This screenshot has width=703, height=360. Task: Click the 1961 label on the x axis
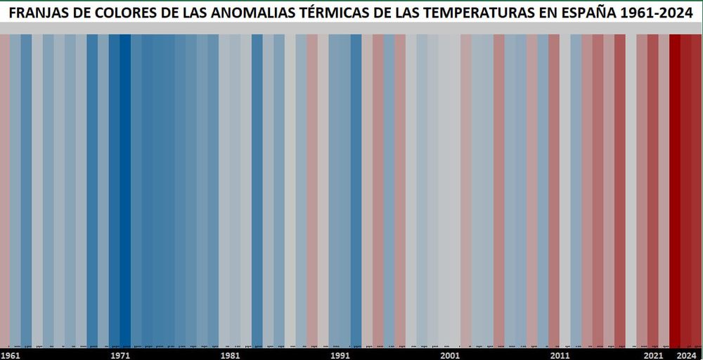[11, 355]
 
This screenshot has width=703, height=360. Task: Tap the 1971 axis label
[120, 355]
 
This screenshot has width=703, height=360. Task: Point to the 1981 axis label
[230, 355]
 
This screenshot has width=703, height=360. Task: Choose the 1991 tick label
[340, 355]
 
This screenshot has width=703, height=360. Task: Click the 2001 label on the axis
[450, 355]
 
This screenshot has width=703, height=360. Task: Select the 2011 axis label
[560, 355]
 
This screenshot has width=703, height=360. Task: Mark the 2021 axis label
[653, 355]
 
